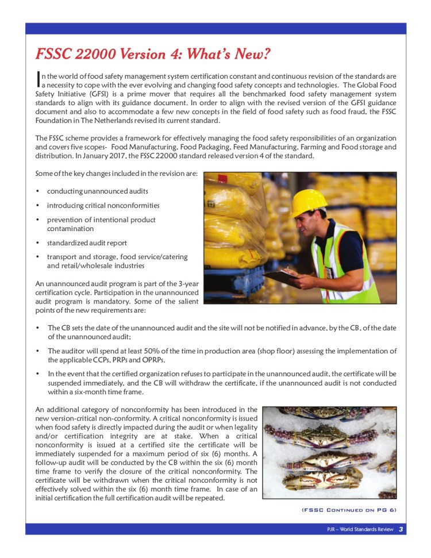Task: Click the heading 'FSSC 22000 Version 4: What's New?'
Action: pos(153,55)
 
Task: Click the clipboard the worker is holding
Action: pos(282,278)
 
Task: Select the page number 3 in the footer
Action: pos(401,529)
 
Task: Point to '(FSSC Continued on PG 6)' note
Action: pos(349,510)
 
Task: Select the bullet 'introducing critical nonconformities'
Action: pos(103,205)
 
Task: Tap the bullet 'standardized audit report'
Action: pos(87,243)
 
